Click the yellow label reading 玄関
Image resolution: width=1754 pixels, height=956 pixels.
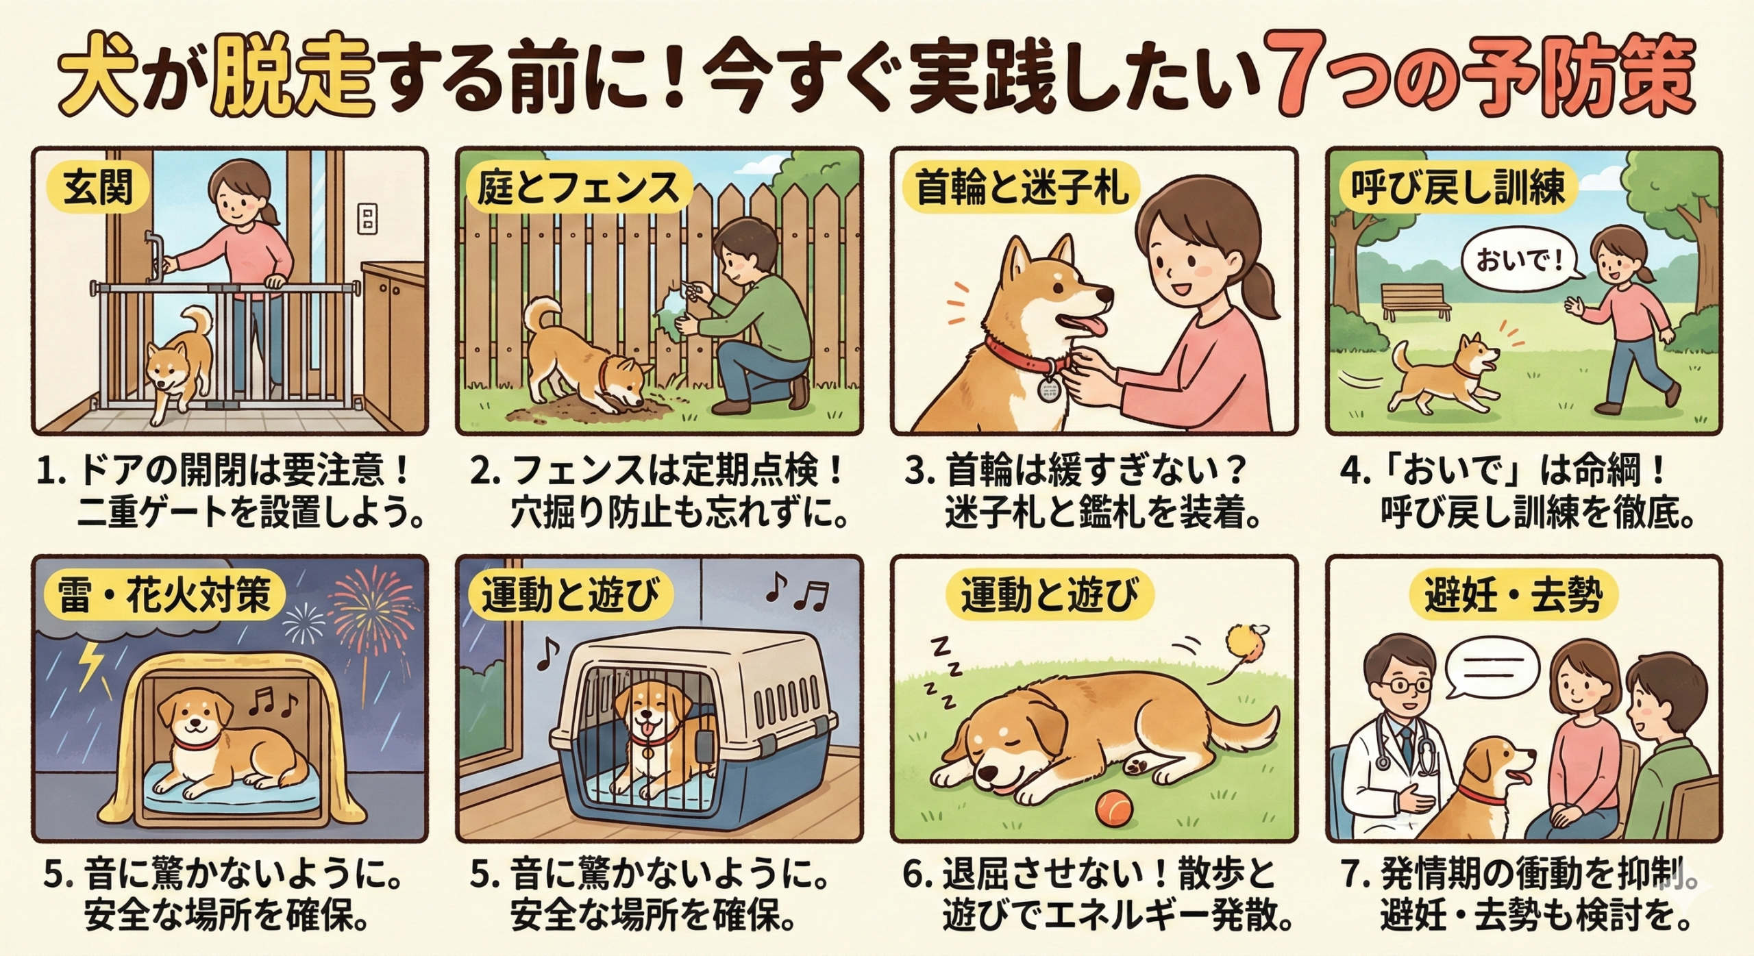[99, 188]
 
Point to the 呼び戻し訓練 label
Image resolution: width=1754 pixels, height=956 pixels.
[1458, 188]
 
